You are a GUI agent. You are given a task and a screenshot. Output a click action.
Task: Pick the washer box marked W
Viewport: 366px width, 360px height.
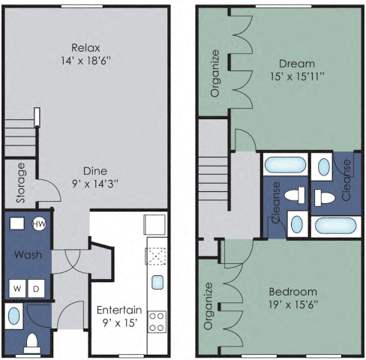click(x=16, y=289)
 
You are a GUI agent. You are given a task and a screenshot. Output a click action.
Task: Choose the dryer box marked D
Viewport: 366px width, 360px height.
click(x=35, y=289)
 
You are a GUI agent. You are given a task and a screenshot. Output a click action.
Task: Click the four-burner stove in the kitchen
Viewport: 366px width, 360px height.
click(x=157, y=322)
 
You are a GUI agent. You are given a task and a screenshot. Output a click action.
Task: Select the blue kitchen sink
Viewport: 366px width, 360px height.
click(x=157, y=282)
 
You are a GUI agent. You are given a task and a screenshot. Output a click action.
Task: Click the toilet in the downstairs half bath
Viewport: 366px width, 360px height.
click(x=33, y=343)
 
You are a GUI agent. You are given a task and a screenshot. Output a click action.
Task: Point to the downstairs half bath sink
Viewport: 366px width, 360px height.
click(x=13, y=316)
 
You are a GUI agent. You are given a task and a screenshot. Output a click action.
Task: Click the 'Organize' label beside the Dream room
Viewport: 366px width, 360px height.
click(x=215, y=73)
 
